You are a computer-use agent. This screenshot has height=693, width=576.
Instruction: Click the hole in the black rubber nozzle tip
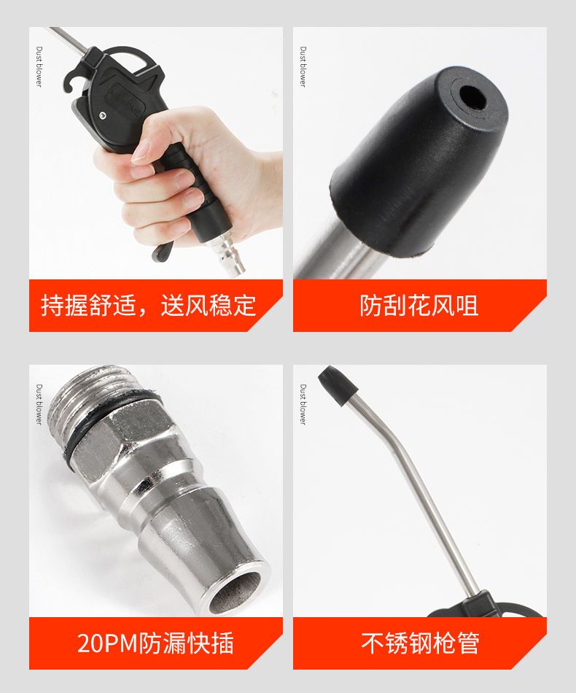click(x=472, y=98)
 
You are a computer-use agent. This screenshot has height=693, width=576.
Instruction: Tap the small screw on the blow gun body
click(x=103, y=115)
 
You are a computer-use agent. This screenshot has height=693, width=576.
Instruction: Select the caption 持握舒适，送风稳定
click(x=149, y=306)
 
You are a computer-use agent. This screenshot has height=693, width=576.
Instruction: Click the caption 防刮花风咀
click(x=419, y=306)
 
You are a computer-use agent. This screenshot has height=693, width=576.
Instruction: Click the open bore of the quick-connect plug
click(x=236, y=592)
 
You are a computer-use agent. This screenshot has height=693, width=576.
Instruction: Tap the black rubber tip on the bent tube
click(x=338, y=385)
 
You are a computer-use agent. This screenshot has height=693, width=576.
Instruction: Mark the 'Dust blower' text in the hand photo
click(x=39, y=66)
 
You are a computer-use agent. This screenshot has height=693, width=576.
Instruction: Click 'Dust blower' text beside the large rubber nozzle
click(x=303, y=66)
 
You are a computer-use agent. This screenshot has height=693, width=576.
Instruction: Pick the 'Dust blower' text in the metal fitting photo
click(x=39, y=404)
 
